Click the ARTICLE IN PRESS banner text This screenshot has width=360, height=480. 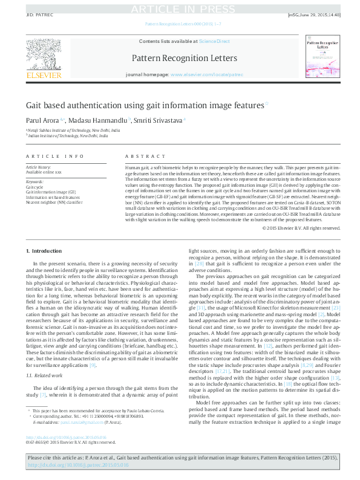[x=180, y=9]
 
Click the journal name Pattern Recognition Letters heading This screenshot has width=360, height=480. [x=179, y=59]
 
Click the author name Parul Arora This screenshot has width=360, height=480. [x=41, y=120]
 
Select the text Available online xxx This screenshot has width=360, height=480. [x=44, y=172]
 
